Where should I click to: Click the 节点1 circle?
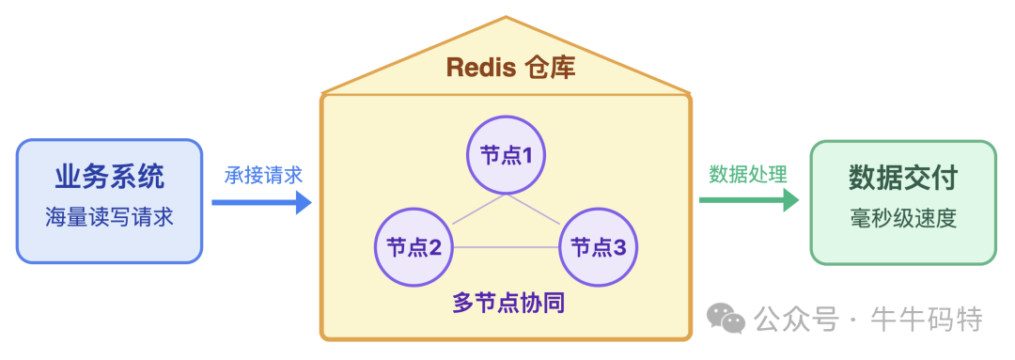pyautogui.click(x=507, y=154)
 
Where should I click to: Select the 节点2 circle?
pyautogui.click(x=414, y=247)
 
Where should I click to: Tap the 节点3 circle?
pyautogui.click(x=600, y=247)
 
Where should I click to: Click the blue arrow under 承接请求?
pyautogui.click(x=261, y=201)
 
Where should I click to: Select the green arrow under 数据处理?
pyautogui.click(x=748, y=199)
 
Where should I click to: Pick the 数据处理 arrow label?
pyautogui.click(x=748, y=174)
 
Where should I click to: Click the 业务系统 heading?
pyautogui.click(x=110, y=177)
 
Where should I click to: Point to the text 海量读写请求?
pyautogui.click(x=110, y=217)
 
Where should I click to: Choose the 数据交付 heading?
pyautogui.click(x=903, y=178)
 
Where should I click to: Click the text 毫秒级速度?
pyautogui.click(x=903, y=218)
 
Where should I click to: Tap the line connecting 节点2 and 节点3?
pyautogui.click(x=507, y=248)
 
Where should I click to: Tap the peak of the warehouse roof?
pyautogui.click(x=507, y=17)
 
